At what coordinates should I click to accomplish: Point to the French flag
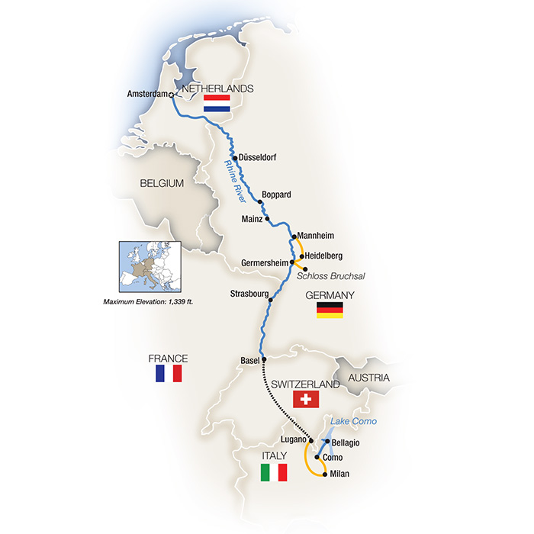[x=168, y=373]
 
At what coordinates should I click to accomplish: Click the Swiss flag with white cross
[x=306, y=399]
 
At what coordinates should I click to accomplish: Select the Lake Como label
[x=353, y=422]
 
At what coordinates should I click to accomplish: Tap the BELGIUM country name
[x=162, y=184]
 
